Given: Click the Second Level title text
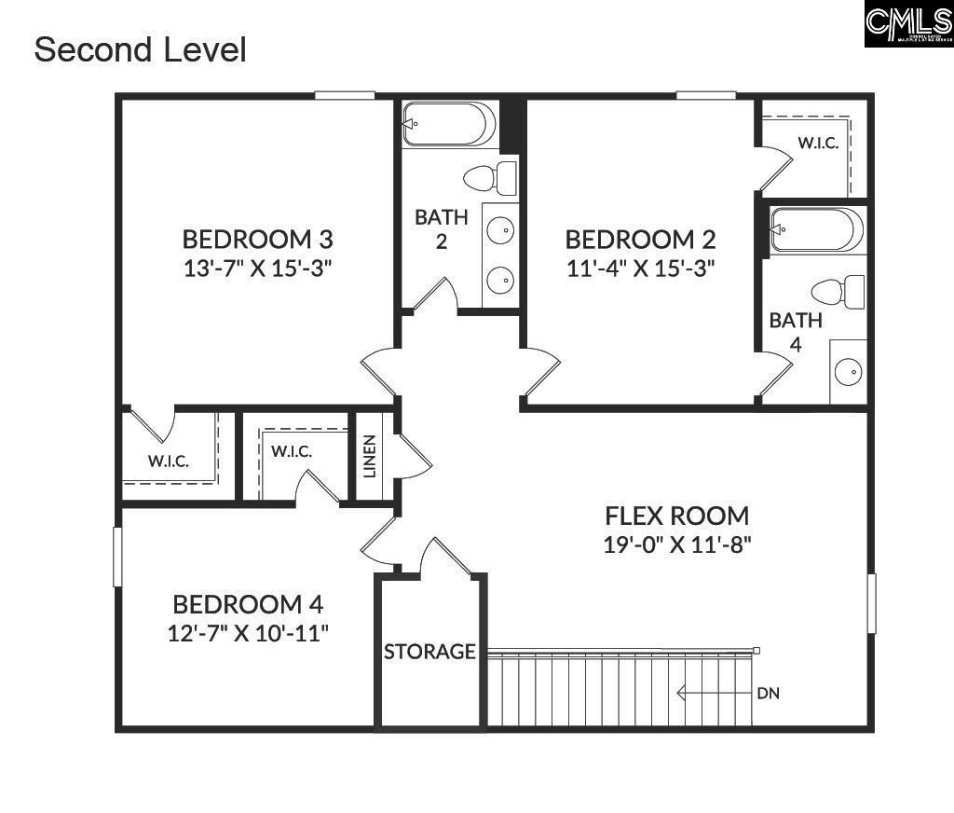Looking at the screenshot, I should pyautogui.click(x=140, y=49).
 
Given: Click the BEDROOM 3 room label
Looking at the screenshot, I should pyautogui.click(x=257, y=239).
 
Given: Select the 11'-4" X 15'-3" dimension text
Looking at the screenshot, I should pyautogui.click(x=641, y=269).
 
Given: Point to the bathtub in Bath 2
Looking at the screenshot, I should pyautogui.click(x=448, y=124).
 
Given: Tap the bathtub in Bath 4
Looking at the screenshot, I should pyautogui.click(x=817, y=229).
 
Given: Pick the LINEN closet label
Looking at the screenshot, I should pyautogui.click(x=370, y=456).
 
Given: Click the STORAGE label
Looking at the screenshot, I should pyautogui.click(x=429, y=652).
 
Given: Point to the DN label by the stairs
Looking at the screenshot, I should pyautogui.click(x=769, y=694).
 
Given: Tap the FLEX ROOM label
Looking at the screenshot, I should pyautogui.click(x=676, y=516).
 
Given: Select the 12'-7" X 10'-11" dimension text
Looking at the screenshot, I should pyautogui.click(x=248, y=633).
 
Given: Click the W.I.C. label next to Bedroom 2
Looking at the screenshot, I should pyautogui.click(x=818, y=144).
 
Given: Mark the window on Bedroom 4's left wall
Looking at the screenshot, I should pyautogui.click(x=118, y=557).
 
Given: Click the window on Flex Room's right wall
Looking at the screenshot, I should pyautogui.click(x=872, y=604).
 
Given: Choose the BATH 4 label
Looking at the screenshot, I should pyautogui.click(x=796, y=332).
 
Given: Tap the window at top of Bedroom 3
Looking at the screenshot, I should pyautogui.click(x=345, y=94).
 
